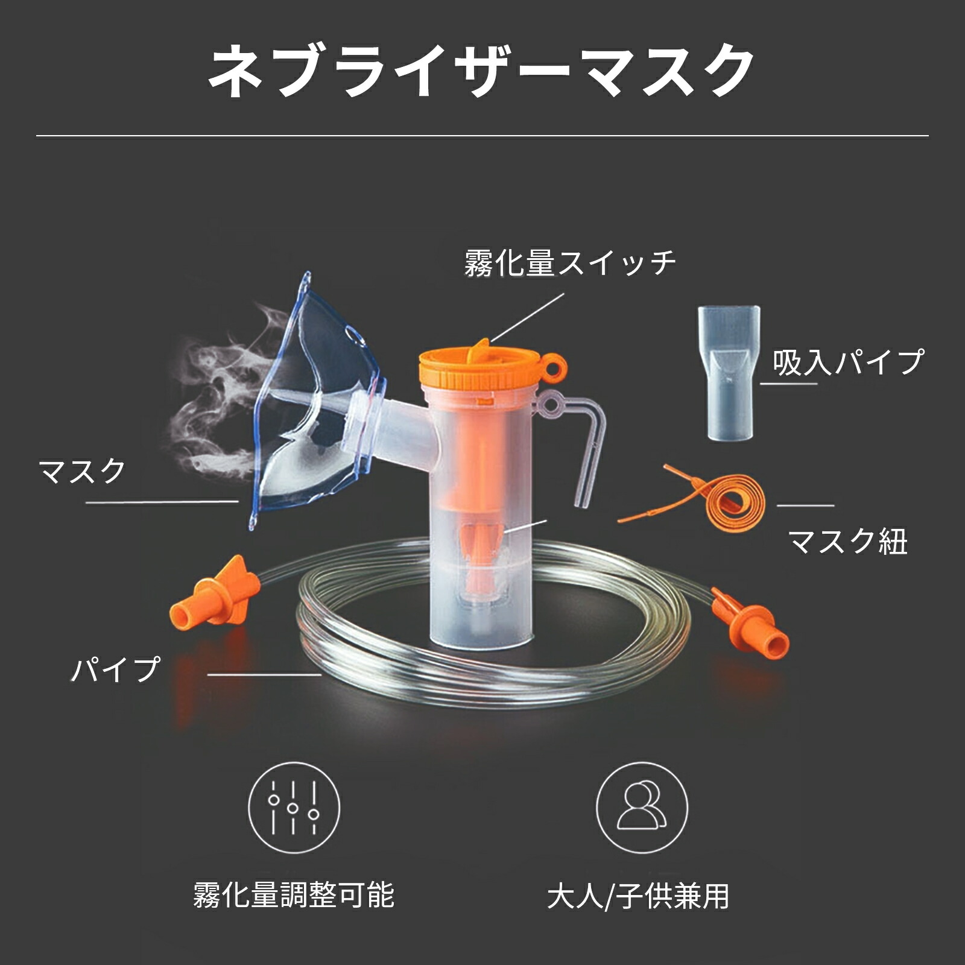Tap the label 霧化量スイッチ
(x=570, y=264)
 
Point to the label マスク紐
(x=847, y=541)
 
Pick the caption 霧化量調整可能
(x=294, y=895)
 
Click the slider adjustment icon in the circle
(x=294, y=808)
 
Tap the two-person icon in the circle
(x=642, y=808)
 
